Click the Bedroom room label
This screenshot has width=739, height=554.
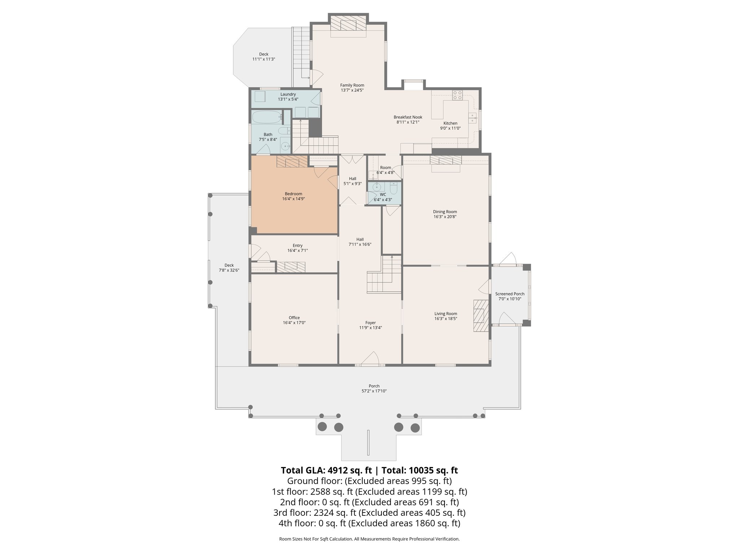point(293,194)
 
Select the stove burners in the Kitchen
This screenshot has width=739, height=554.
point(458,95)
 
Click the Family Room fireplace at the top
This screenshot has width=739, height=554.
point(348,25)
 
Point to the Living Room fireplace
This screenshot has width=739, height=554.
point(480,315)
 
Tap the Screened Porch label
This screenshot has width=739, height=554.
point(510,294)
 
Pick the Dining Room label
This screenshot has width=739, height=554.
point(445,212)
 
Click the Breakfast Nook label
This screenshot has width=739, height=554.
point(408,117)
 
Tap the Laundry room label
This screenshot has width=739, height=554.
point(288,94)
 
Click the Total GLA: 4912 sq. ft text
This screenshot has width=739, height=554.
point(326,470)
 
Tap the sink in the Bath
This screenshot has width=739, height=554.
point(285,146)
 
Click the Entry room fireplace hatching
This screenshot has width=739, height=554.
point(291,267)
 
